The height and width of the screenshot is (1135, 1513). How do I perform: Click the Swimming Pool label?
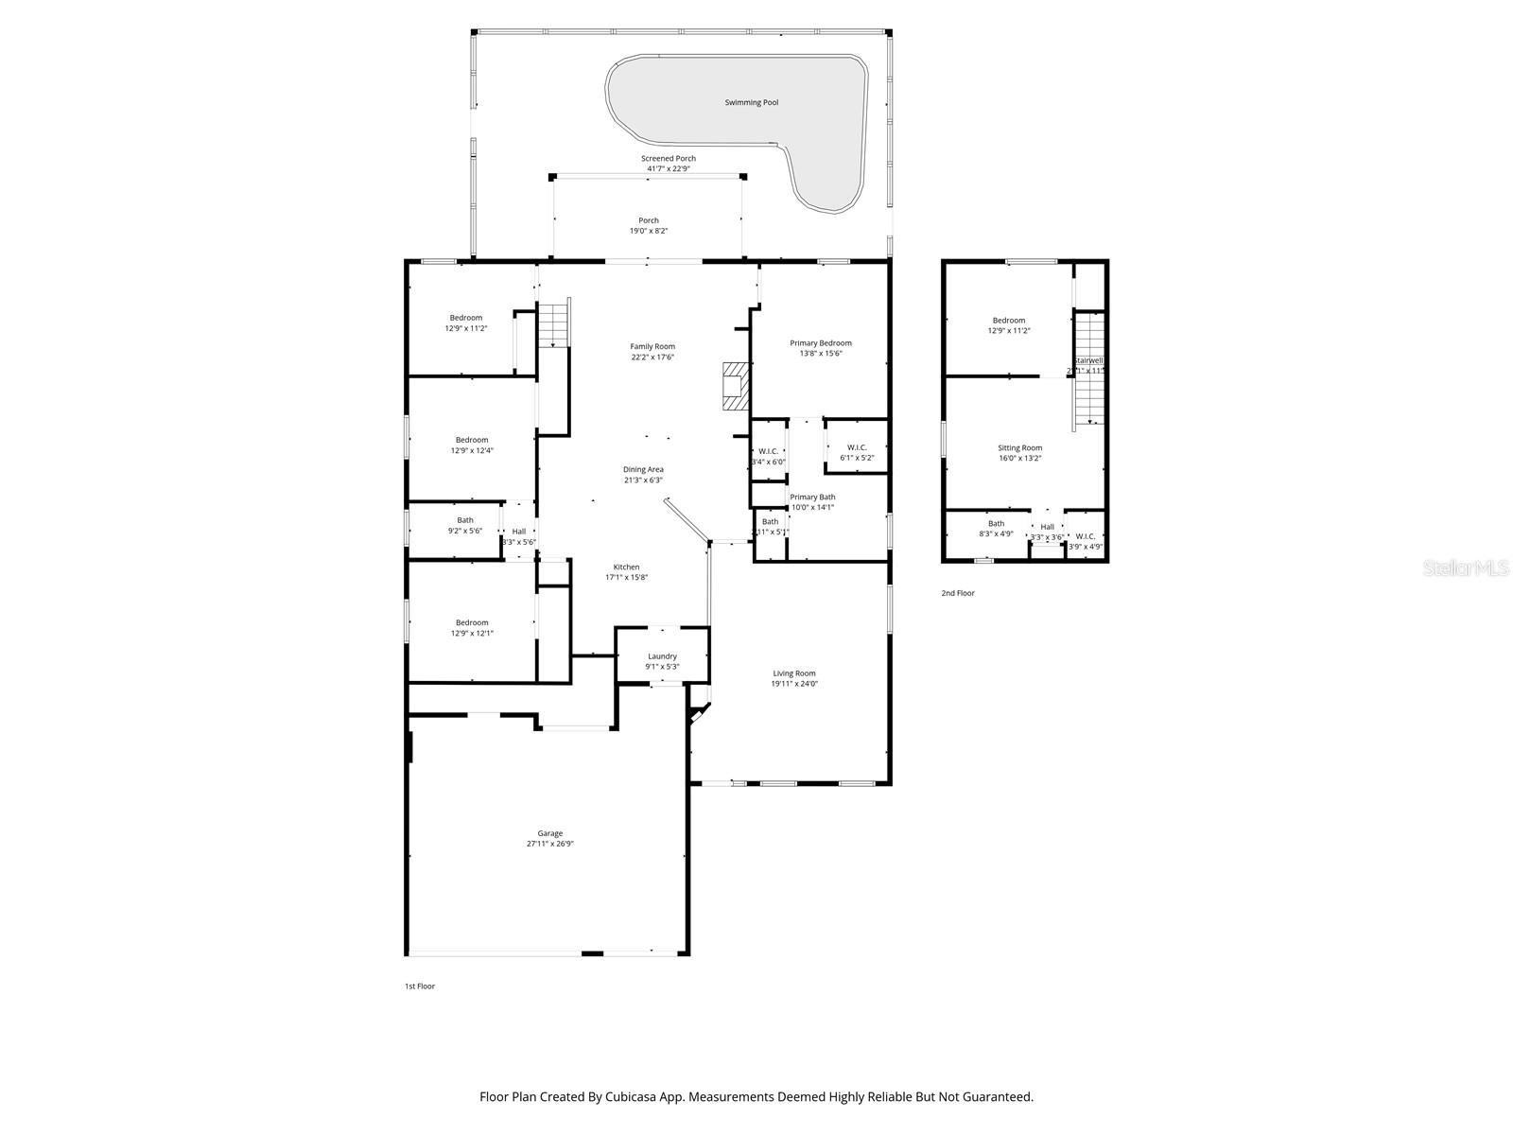[x=751, y=102]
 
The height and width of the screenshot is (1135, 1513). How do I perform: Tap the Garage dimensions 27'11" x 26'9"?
[x=549, y=844]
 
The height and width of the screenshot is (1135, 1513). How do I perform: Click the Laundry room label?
[x=662, y=656]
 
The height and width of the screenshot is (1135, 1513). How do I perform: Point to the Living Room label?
[x=793, y=673]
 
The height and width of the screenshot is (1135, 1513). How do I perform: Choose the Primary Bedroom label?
[x=821, y=343]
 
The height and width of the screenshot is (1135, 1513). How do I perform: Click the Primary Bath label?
[x=812, y=497]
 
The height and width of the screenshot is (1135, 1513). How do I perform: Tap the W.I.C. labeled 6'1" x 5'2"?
[x=857, y=452]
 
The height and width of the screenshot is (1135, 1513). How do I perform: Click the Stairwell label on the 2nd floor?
[x=1088, y=360]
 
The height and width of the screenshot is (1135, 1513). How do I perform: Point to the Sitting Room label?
[x=1019, y=448]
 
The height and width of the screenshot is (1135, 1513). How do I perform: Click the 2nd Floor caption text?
[x=957, y=593]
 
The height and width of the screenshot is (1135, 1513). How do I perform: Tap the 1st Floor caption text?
[x=420, y=986]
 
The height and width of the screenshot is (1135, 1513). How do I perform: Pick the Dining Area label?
[x=643, y=469]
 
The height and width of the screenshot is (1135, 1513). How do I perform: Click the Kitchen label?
[x=626, y=567]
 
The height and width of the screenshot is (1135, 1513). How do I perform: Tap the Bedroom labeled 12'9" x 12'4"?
[x=472, y=445]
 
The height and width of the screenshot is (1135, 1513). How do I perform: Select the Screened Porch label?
[x=669, y=159]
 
